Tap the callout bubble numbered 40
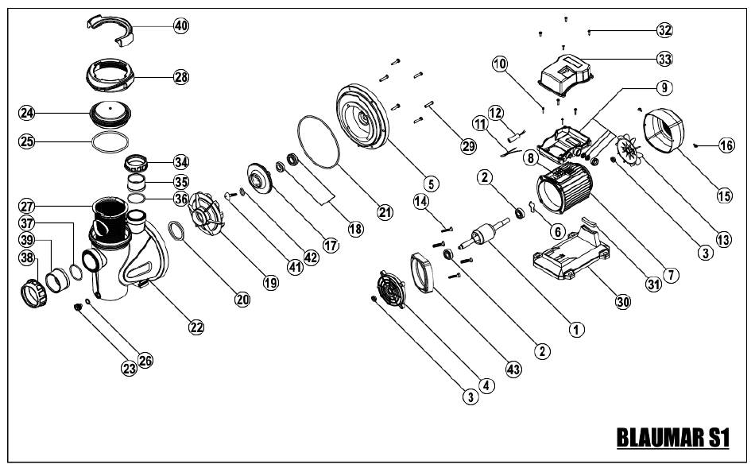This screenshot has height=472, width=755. (x=182, y=25)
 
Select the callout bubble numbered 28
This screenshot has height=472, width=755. (x=182, y=77)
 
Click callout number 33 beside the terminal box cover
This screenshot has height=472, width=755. (x=664, y=60)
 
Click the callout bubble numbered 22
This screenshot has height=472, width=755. (x=196, y=326)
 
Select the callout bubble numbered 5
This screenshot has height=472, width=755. (x=430, y=184)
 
